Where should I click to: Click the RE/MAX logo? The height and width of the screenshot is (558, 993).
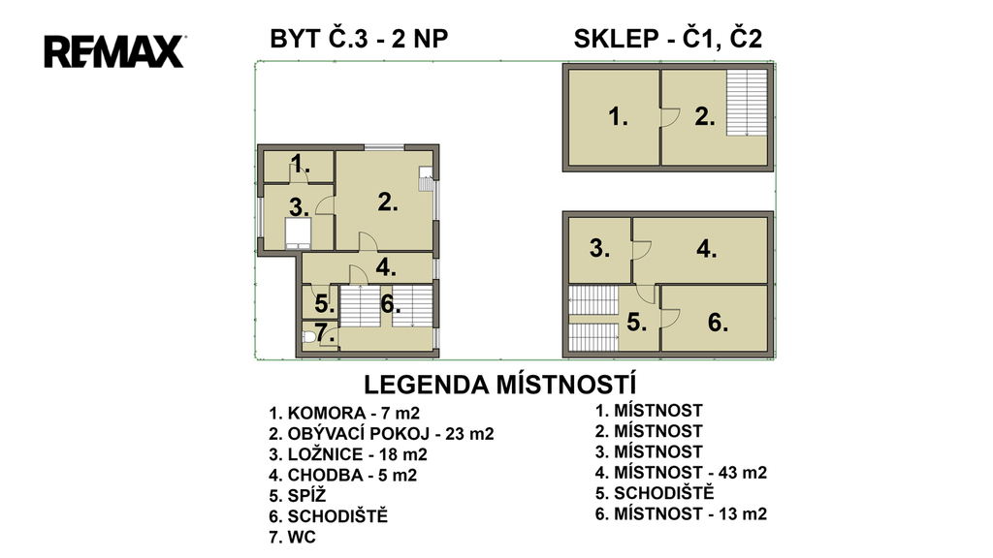(114, 51)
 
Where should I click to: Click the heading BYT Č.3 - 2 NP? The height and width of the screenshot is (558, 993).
(359, 39)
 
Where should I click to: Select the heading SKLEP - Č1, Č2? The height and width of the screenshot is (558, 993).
(668, 39)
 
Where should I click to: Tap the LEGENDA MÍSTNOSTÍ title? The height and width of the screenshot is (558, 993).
(499, 385)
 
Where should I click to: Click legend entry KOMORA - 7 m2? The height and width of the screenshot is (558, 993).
(344, 413)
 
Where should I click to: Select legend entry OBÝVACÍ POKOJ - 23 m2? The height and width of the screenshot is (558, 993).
(381, 434)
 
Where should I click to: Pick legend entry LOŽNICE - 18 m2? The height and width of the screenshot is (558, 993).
(348, 454)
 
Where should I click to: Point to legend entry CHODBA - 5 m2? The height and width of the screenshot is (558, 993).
(342, 475)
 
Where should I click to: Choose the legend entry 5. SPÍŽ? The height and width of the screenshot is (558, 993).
(297, 495)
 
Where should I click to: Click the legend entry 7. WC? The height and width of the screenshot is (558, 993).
(292, 537)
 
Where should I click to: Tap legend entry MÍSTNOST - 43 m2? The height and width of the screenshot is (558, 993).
(681, 473)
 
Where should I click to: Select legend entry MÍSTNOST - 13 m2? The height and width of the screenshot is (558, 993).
(681, 513)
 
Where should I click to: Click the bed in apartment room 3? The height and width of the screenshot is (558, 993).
(298, 232)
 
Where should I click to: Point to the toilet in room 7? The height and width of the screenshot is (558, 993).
(309, 336)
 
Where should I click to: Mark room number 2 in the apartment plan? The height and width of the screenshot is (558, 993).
(388, 202)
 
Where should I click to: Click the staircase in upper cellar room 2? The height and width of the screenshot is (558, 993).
(747, 103)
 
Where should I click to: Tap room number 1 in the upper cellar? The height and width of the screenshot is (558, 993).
(618, 116)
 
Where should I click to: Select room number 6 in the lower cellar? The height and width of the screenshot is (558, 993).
(718, 323)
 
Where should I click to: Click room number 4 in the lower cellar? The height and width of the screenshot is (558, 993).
(706, 249)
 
